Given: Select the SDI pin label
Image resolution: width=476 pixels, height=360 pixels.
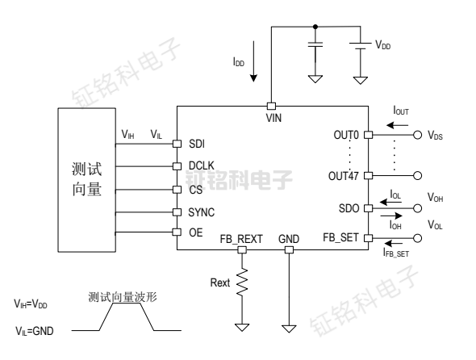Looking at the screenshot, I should coord(197,144).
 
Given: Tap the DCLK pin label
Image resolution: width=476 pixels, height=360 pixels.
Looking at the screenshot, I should coord(202,166).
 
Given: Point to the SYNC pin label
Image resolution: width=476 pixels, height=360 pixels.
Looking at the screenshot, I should coord(202,212).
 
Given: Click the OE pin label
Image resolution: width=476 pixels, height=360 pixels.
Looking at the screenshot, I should coord(195,233).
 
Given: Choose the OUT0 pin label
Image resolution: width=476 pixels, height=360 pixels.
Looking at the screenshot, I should coord(345,135).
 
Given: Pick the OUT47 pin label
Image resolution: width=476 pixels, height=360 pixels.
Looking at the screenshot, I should coord(343,174).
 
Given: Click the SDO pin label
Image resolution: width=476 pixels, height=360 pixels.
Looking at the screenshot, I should coord(349,208).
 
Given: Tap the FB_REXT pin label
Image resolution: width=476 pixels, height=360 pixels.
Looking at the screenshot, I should coord(241,239).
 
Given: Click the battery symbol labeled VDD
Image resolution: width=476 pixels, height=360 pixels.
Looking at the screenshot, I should coord(359,47).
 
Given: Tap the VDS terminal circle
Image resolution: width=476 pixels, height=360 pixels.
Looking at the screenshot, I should coord(417,135).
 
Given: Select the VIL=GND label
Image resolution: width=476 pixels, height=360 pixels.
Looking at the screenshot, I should coord(31,330).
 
